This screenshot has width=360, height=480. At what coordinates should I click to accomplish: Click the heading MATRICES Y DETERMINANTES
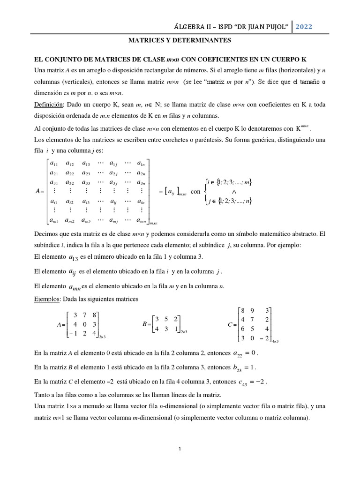(x=180, y=41)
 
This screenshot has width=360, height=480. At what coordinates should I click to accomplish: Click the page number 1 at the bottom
(x=180, y=449)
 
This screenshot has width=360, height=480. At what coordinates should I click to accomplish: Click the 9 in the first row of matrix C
(x=254, y=310)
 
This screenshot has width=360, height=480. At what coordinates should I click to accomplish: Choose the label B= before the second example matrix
(x=146, y=324)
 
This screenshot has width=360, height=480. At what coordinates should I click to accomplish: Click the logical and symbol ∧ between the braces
(x=233, y=192)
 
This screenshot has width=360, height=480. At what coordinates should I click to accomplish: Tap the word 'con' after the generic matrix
(x=195, y=192)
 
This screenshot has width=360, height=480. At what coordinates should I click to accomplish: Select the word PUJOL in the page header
(x=273, y=27)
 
